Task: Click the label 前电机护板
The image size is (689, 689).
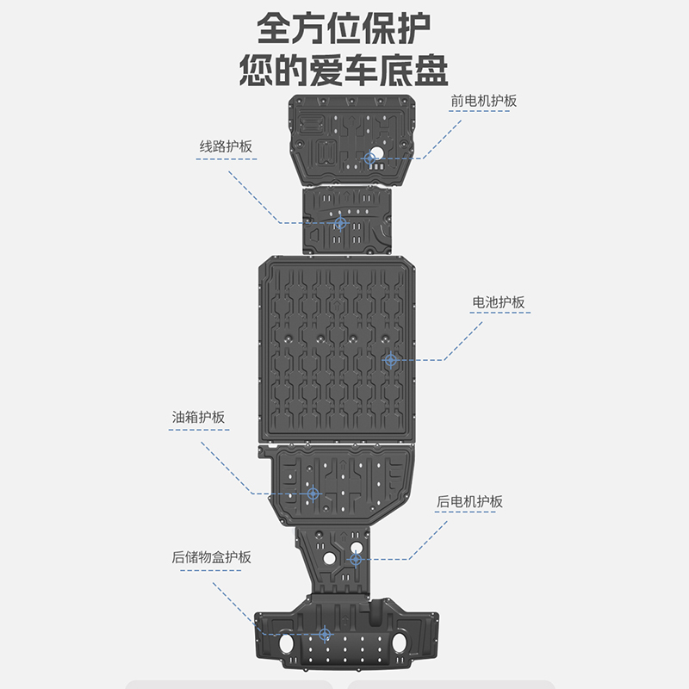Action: click(x=483, y=101)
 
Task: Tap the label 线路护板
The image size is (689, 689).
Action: click(x=227, y=146)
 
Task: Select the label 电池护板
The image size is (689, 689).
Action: click(x=498, y=302)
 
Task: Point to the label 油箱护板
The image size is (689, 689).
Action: click(x=198, y=417)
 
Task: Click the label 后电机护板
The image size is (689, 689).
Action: click(x=469, y=501)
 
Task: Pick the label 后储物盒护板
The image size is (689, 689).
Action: click(x=211, y=556)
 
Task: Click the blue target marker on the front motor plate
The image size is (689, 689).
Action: click(x=370, y=158)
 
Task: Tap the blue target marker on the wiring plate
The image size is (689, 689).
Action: click(x=339, y=223)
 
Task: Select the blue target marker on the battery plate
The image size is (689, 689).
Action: click(x=391, y=358)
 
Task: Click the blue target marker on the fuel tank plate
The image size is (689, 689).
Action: click(x=313, y=493)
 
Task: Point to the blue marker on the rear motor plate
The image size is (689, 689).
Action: click(x=355, y=560)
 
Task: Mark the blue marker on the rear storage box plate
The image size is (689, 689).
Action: click(x=324, y=635)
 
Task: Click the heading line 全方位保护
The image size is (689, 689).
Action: click(x=344, y=28)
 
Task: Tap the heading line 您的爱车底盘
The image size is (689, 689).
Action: click(x=344, y=68)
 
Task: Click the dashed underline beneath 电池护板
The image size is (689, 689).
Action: click(x=499, y=316)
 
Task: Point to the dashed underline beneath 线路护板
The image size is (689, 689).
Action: click(x=227, y=160)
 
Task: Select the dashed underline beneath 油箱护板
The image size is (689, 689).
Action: click(x=199, y=431)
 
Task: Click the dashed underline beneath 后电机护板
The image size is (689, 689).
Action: click(x=469, y=514)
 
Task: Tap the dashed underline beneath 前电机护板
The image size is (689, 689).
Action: click(x=483, y=115)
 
